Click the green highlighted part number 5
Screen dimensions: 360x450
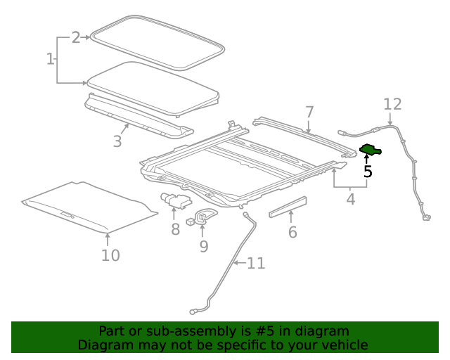pos(370,149)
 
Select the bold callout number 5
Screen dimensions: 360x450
pos(368,171)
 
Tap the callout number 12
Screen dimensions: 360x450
pos(392,105)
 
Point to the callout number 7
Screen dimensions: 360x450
pos(309,112)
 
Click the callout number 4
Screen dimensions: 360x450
pos(350,200)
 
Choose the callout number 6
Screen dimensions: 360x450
pos(292,232)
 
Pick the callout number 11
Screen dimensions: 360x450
pos(256,264)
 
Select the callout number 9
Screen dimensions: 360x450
pos(203,246)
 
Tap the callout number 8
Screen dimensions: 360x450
pos(175,229)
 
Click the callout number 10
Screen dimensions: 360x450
pos(110,255)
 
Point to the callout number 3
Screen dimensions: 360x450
pos(117,141)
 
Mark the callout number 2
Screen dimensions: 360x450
pos(76,38)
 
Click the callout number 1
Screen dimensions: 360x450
pos(51,59)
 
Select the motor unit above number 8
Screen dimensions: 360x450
pos(174,200)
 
